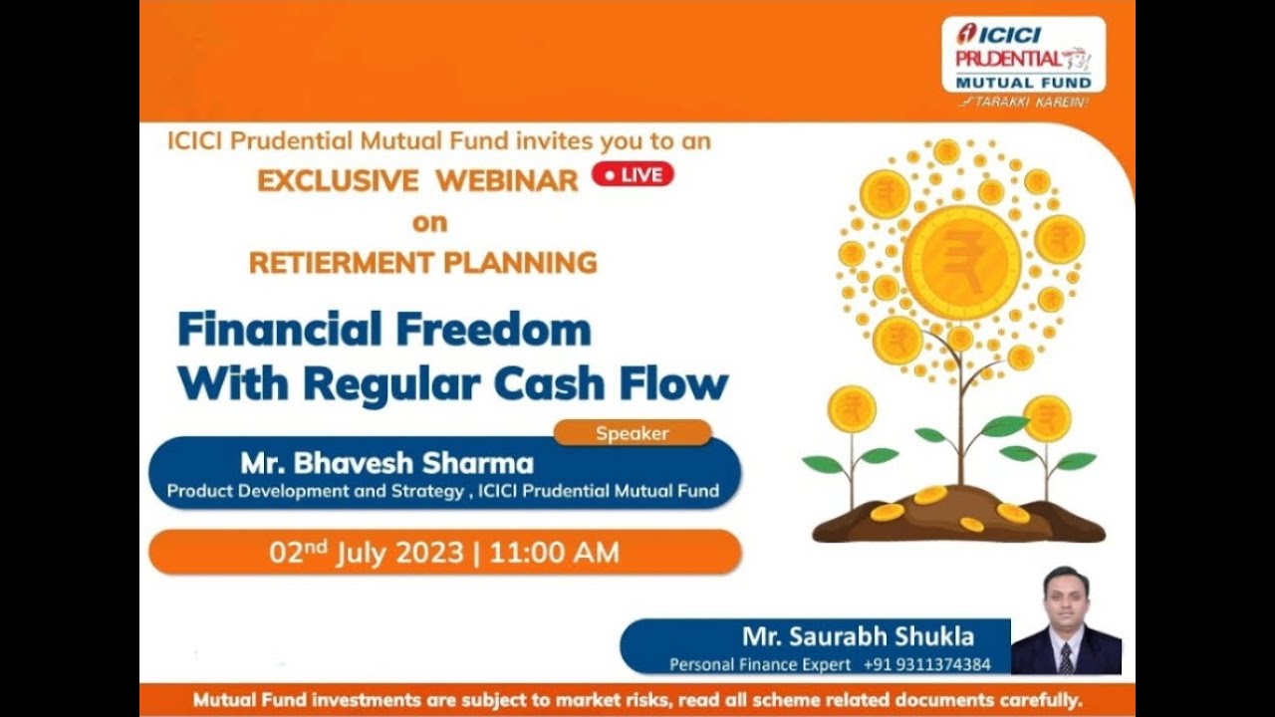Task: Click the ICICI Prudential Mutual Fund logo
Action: tap(1023, 56)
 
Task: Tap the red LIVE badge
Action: tap(633, 175)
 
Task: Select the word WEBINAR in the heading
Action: tap(507, 180)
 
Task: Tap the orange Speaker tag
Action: tap(633, 433)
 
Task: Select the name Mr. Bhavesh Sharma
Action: tap(386, 463)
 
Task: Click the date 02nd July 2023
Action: tap(366, 552)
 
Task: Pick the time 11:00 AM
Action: tap(553, 552)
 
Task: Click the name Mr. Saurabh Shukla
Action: tap(858, 636)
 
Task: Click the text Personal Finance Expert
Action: tap(760, 664)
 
